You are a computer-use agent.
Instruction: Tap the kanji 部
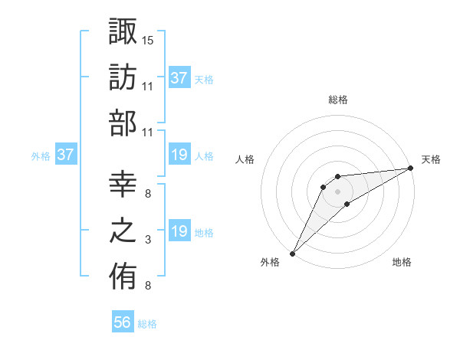point(123,123)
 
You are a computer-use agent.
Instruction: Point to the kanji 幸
point(123,184)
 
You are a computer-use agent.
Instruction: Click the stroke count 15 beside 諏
point(148,39)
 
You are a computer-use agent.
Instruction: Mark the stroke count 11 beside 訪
point(148,86)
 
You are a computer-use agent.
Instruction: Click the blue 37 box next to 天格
point(179,77)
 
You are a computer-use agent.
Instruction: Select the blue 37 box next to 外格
point(66,155)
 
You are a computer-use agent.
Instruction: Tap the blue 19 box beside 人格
point(179,155)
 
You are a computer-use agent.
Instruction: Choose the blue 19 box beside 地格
point(179,231)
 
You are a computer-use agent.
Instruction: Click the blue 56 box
point(123,322)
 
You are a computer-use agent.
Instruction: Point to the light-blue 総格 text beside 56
point(147,324)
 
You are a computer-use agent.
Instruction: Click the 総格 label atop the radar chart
point(337,100)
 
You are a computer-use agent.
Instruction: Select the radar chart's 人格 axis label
point(245,159)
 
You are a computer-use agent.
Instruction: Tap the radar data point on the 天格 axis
point(411,169)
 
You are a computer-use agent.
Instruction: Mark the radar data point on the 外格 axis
point(292,254)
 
